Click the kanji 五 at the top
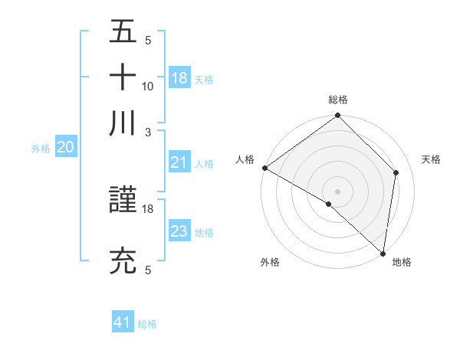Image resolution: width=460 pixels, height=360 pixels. pyautogui.click(x=123, y=33)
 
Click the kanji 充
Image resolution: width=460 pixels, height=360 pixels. pyautogui.click(x=123, y=261)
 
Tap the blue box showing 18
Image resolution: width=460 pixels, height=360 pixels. pyautogui.click(x=179, y=78)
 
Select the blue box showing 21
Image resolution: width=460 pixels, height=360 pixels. pyautogui.click(x=179, y=162)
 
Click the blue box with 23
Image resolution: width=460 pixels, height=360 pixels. pyautogui.click(x=179, y=231)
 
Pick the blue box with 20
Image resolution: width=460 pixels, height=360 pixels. pyautogui.click(x=65, y=148)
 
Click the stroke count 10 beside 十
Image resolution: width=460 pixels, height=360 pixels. pyautogui.click(x=148, y=86)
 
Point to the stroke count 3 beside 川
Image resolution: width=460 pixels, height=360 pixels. pyautogui.click(x=148, y=132)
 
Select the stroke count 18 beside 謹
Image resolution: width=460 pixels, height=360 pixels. pyautogui.click(x=148, y=208)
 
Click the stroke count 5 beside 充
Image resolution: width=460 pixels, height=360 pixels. pyautogui.click(x=148, y=270)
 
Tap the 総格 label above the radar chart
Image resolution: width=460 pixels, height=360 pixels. pyautogui.click(x=338, y=100)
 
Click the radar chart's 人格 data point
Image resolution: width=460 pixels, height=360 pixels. pyautogui.click(x=264, y=168)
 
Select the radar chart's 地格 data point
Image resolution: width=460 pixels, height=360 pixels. pyautogui.click(x=383, y=253)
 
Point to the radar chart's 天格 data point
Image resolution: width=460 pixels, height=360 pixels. pyautogui.click(x=396, y=172)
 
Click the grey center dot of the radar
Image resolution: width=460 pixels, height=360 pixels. pyautogui.click(x=338, y=191)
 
